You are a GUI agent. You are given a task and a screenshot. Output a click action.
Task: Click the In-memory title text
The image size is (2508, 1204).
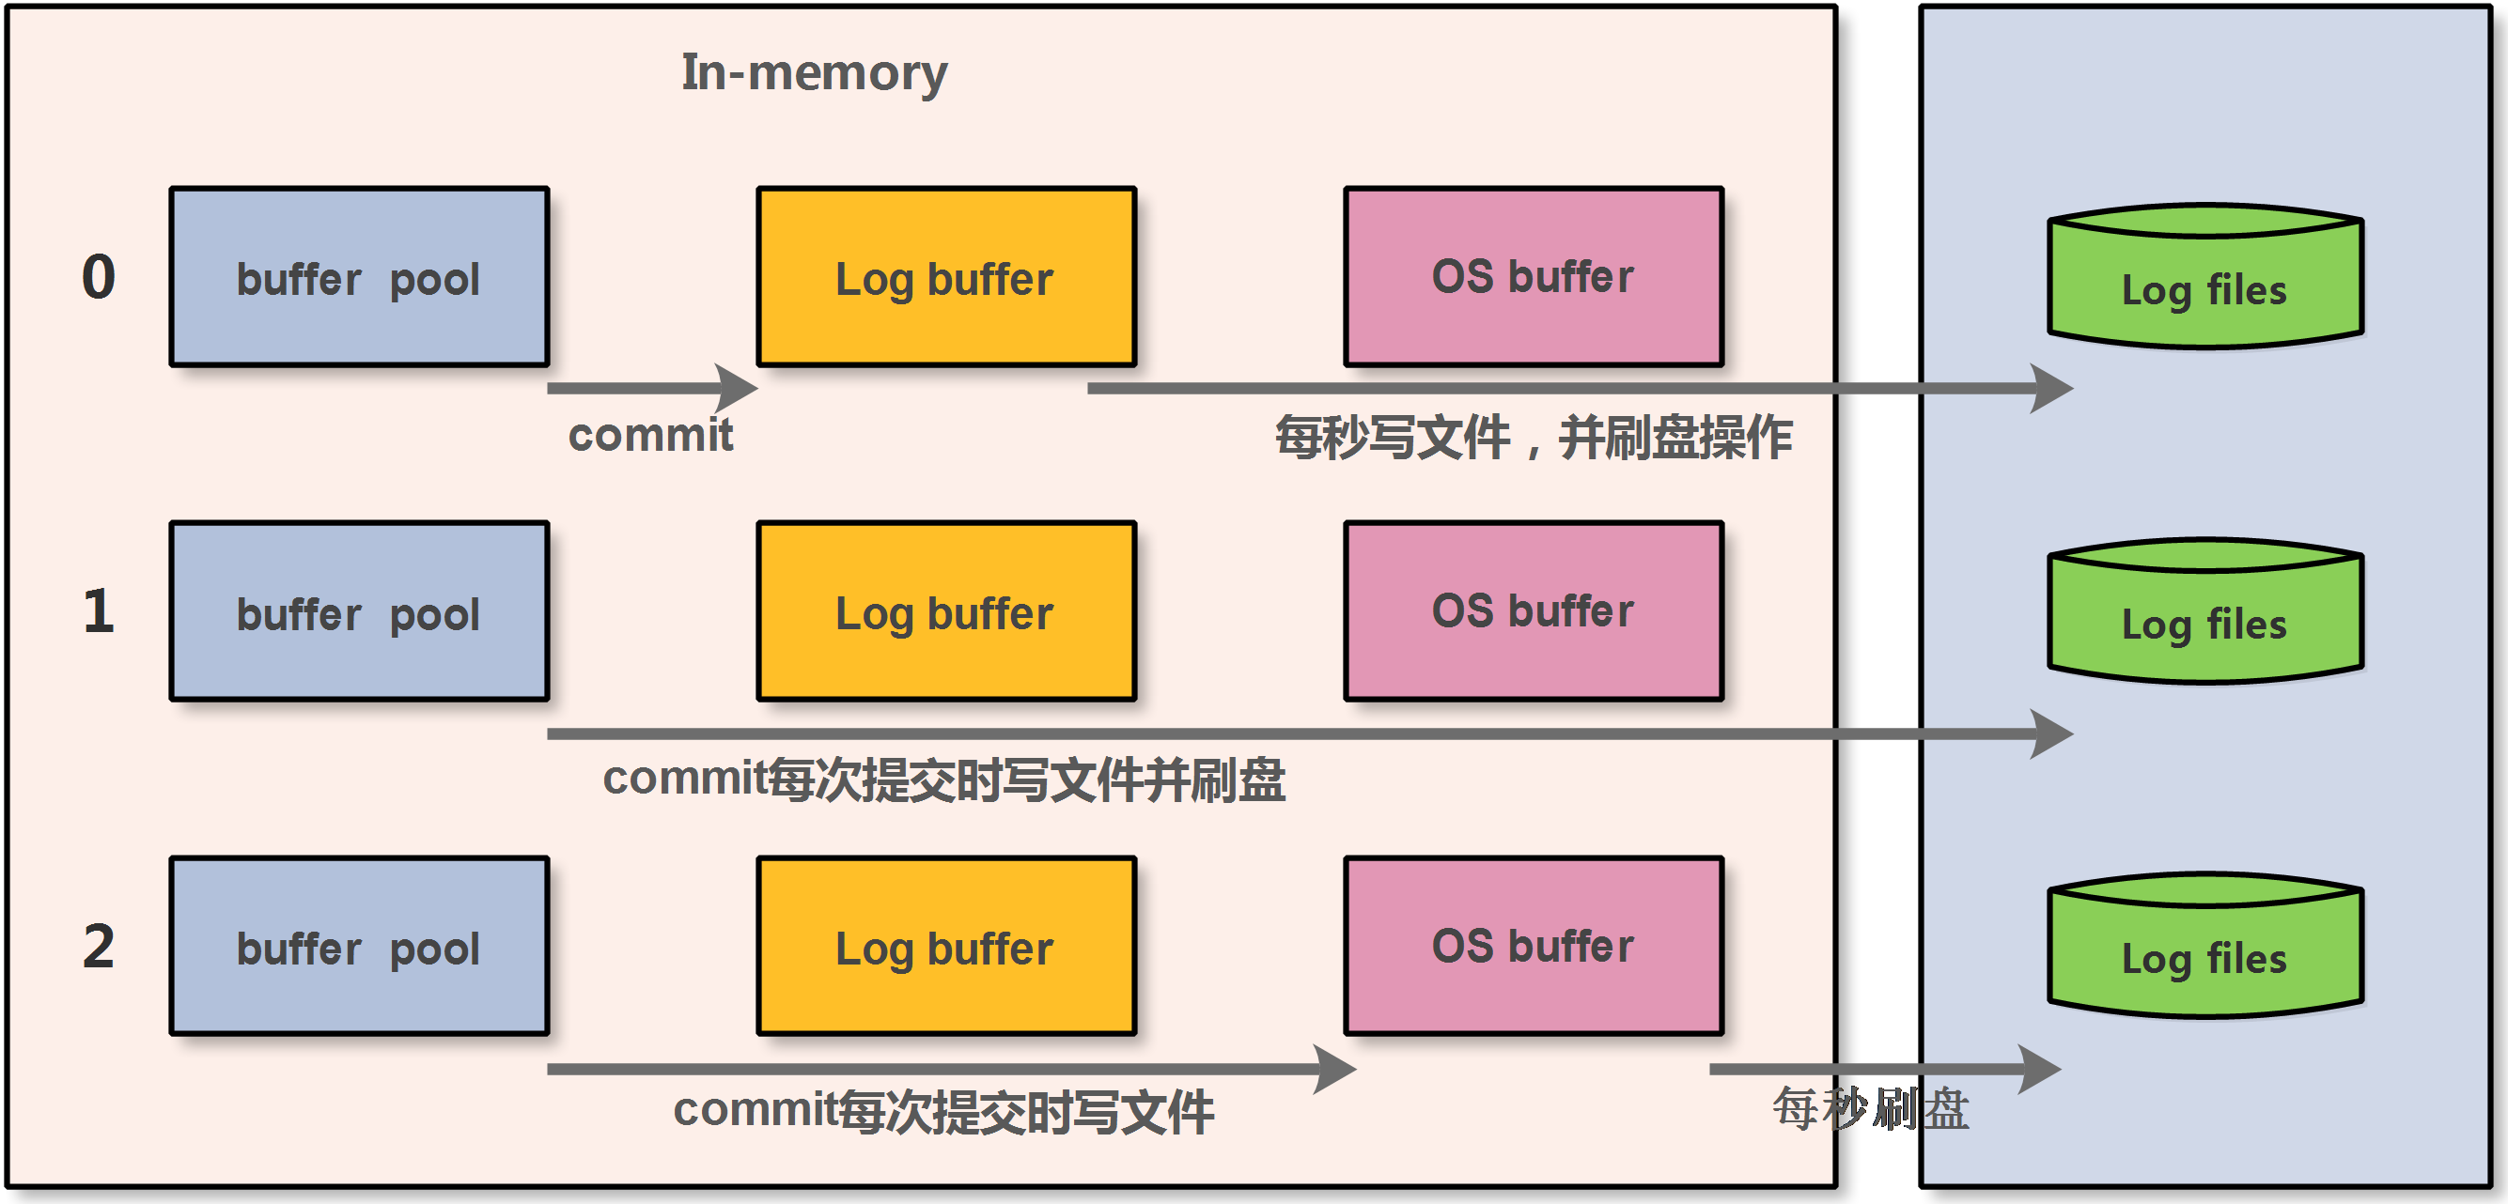coord(814,73)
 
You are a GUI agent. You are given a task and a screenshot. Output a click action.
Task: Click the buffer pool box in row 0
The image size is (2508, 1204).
coord(359,277)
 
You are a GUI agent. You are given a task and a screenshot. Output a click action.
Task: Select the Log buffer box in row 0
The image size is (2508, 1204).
coord(946,277)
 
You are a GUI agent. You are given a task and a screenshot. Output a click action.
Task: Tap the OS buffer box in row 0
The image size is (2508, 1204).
coord(1534,277)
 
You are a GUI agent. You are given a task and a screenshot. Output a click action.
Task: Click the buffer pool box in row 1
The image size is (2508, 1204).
coord(359,611)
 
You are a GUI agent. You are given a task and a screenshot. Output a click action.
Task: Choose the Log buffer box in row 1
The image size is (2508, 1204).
coord(946,611)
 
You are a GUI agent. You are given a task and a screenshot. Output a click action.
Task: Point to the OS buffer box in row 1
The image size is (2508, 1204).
coord(1534,611)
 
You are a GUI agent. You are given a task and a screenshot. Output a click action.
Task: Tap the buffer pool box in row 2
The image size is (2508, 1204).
coord(359,946)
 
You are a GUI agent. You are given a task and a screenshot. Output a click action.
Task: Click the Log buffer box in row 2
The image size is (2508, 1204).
coord(946,946)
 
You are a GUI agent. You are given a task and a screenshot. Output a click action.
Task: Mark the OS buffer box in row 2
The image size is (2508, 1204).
coord(1534,946)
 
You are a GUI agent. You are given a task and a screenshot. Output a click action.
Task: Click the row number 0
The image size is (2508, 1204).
coord(99,277)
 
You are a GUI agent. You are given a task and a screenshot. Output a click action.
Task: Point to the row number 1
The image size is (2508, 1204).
coord(99,611)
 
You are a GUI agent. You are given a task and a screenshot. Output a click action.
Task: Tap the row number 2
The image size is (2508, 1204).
coord(99,946)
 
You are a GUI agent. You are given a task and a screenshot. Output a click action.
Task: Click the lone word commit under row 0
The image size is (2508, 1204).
coord(650,435)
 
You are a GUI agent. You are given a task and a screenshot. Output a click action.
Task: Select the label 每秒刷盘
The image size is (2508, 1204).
coord(1870,1109)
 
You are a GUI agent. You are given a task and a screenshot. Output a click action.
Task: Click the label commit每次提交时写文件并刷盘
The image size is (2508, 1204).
coord(943,780)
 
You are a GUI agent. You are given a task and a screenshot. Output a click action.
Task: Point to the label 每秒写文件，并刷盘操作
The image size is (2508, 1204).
coord(1534,437)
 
